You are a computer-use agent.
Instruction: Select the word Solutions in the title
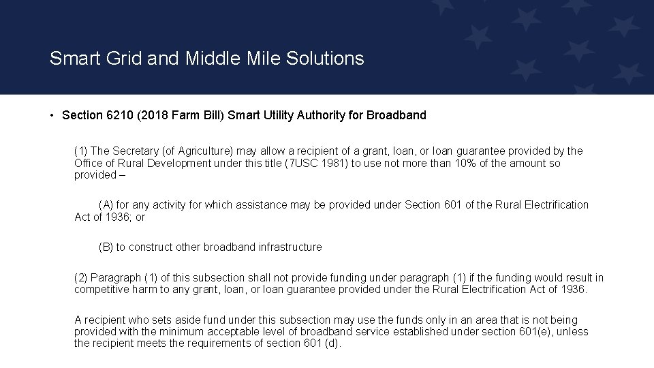tap(325, 59)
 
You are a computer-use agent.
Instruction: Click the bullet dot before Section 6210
tap(52, 115)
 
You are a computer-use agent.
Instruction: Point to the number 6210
tap(121, 115)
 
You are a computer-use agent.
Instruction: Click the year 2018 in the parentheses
tap(155, 115)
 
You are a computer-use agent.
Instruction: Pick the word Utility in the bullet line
tap(277, 115)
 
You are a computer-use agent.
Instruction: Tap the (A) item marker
tap(106, 205)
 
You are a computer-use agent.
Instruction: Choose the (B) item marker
tap(106, 247)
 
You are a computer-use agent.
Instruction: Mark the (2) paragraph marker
tap(80, 278)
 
